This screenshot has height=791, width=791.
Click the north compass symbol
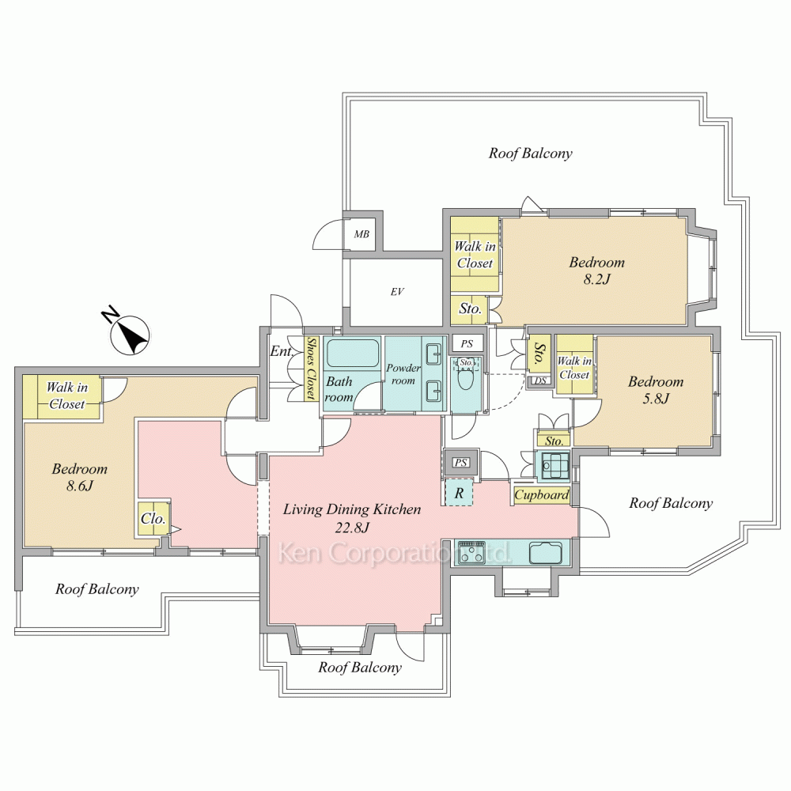click(131, 335)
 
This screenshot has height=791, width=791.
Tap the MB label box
click(361, 235)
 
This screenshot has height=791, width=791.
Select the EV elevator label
click(397, 292)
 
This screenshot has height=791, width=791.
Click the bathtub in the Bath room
click(352, 353)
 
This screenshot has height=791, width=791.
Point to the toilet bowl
click(465, 378)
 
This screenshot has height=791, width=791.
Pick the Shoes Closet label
click(312, 369)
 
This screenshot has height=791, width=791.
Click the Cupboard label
click(541, 495)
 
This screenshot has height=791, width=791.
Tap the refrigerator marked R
click(459, 492)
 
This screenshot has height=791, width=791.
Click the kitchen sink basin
click(545, 552)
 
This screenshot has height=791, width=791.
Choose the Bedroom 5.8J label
click(655, 390)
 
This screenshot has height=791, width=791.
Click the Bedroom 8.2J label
click(596, 271)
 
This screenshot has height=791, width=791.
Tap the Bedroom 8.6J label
click(80, 477)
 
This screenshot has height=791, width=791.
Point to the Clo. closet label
click(153, 519)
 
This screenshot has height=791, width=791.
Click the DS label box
click(541, 381)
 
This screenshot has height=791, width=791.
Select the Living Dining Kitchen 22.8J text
click(352, 518)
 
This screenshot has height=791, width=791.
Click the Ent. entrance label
click(282, 350)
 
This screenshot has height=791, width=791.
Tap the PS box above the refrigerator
click(460, 463)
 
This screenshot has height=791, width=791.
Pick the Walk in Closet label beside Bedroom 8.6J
click(67, 395)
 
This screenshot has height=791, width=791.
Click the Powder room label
click(403, 374)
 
